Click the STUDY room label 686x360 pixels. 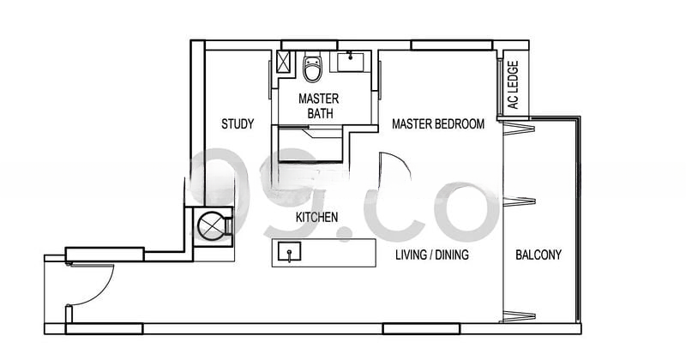point(238,124)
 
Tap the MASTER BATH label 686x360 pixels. point(319,105)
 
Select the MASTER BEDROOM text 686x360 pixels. point(438,123)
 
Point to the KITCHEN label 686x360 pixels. point(316,217)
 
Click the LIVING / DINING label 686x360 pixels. point(432,255)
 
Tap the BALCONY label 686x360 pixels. point(539,255)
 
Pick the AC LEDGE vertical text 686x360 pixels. point(513,85)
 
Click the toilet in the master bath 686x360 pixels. point(312,67)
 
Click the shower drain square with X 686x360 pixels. point(284,61)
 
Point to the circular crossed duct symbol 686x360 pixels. point(211,225)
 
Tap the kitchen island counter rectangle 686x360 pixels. point(324,253)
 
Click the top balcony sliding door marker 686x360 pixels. point(519,129)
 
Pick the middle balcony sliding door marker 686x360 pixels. point(519,201)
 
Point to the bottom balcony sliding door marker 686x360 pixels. point(519,316)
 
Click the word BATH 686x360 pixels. point(320,113)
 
